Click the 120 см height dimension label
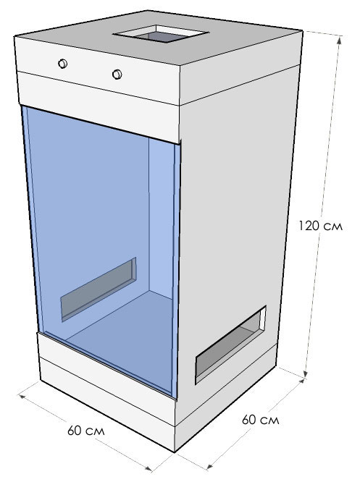pyautogui.click(x=320, y=226)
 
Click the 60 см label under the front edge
pyautogui.click(x=86, y=431)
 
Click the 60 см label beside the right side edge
pyautogui.click(x=260, y=420)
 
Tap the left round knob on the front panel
pyautogui.click(x=62, y=64)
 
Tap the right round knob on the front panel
pyautogui.click(x=117, y=75)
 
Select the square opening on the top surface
pyautogui.click(x=161, y=34)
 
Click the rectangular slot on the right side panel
pyautogui.click(x=230, y=345)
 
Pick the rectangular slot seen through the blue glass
pyautogui.click(x=99, y=289)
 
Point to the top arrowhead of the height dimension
pyautogui.click(x=340, y=39)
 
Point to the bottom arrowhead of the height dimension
pyautogui.click(x=306, y=373)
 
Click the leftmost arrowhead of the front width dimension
pyautogui.click(x=22, y=396)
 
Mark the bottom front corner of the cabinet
pyautogui.click(x=175, y=452)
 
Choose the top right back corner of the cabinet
pyautogui.click(x=302, y=30)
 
